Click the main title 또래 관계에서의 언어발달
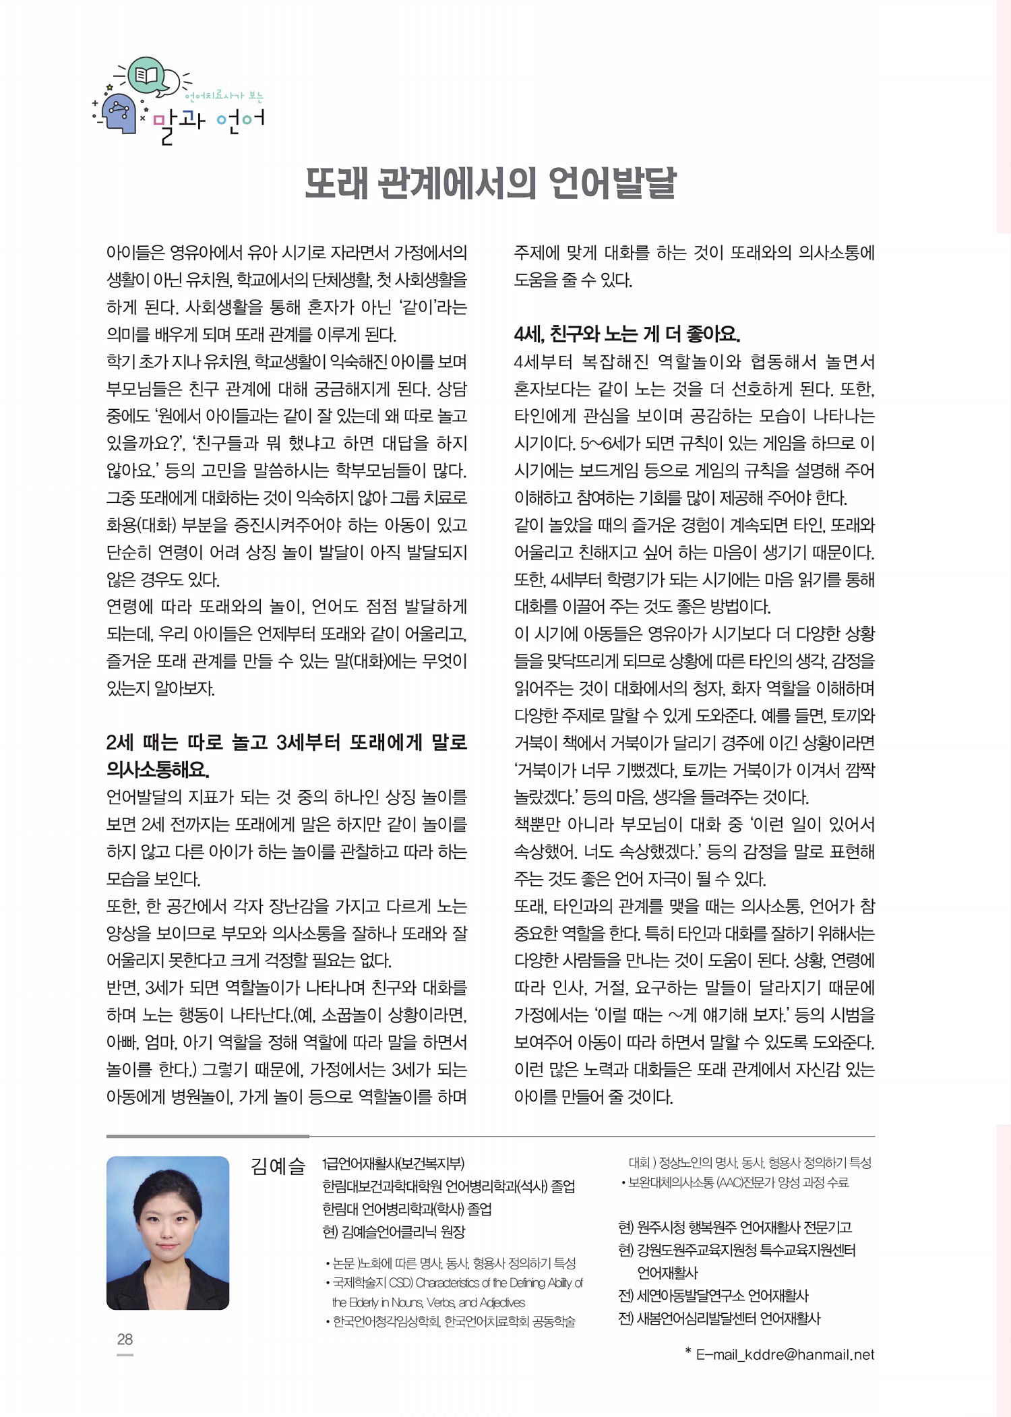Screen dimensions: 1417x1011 (490, 183)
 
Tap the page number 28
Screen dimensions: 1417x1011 (125, 1339)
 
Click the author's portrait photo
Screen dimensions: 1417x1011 (168, 1232)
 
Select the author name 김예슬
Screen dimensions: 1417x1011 (278, 1166)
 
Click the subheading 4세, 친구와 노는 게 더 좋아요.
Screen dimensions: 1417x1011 (627, 334)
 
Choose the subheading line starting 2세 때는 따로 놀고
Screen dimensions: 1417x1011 (286, 742)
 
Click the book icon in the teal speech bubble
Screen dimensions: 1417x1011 (146, 74)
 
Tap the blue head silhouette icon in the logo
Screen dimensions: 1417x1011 (120, 113)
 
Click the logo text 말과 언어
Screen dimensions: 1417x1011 (209, 123)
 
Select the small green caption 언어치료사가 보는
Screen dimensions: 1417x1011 (224, 96)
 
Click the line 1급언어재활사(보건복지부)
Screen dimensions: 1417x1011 (393, 1164)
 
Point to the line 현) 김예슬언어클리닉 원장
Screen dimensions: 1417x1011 (394, 1232)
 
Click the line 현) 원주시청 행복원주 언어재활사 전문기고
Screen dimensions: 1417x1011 (735, 1227)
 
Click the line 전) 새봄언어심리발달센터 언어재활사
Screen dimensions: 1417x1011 (719, 1319)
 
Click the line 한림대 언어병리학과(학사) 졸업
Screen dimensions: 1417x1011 (407, 1209)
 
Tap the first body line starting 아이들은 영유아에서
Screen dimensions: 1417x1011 (286, 253)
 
